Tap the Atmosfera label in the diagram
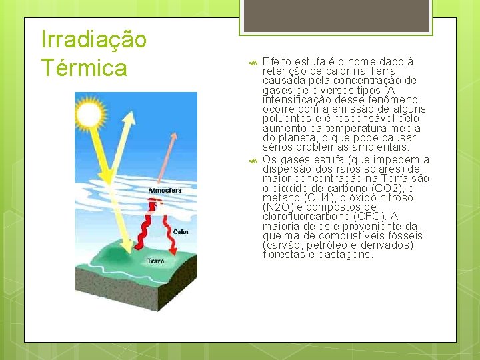pos(165,191)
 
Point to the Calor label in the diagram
pos(181,232)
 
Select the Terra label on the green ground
pos(155,261)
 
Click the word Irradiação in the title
pos(93,39)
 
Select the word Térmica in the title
pos(84,67)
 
